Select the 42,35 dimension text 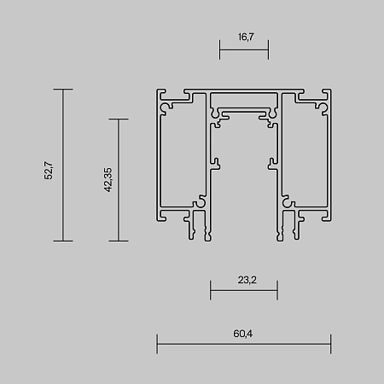[x=108, y=180]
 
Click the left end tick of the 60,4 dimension [x=157, y=344]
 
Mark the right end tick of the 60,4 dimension [x=330, y=344]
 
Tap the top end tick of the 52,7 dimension [x=63, y=90]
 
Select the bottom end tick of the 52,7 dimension [x=63, y=241]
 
